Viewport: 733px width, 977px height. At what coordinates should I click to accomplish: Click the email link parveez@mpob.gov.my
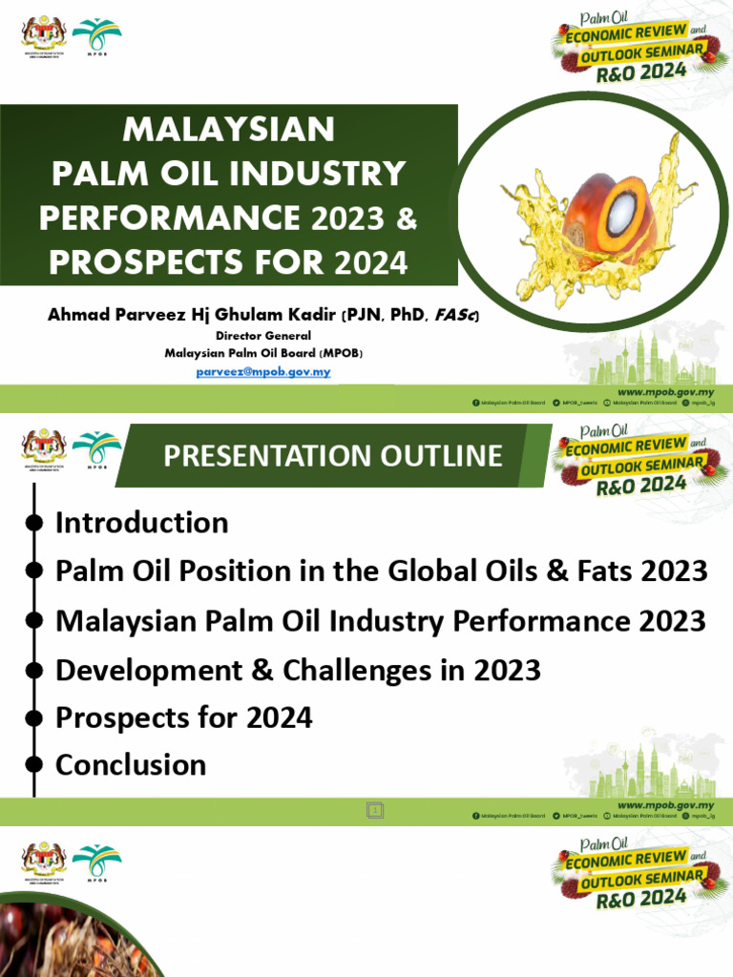[262, 371]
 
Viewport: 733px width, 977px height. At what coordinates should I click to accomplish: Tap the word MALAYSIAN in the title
[230, 129]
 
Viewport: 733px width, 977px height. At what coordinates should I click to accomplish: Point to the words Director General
[263, 336]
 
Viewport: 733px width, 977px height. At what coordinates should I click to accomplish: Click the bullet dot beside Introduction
[33, 523]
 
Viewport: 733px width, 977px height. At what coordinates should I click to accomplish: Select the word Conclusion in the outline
[131, 764]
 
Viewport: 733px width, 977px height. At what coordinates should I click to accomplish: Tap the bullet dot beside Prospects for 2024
[33, 717]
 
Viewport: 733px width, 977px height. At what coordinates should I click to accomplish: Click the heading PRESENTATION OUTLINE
[332, 455]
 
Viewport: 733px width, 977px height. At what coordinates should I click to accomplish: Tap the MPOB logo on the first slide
[96, 38]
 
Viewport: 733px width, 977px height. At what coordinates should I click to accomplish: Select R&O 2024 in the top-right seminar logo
[635, 76]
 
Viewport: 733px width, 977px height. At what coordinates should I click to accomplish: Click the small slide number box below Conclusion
[375, 810]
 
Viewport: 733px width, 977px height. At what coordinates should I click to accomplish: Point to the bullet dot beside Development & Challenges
[33, 670]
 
